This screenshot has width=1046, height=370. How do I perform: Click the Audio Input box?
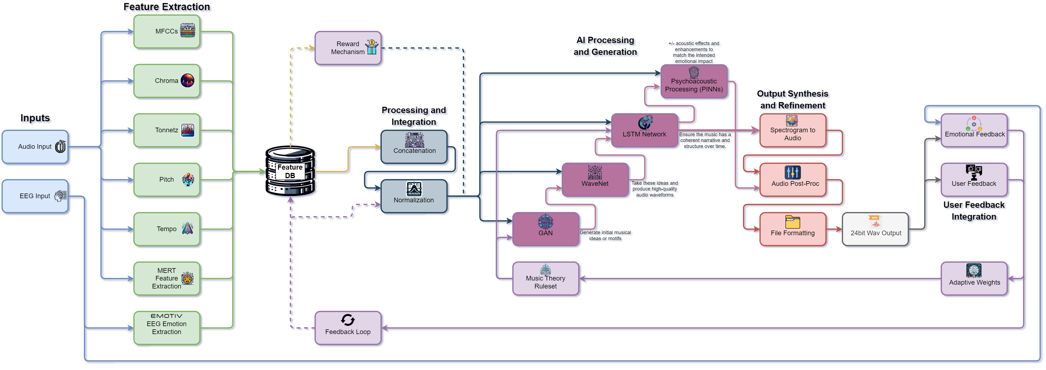[x=35, y=147]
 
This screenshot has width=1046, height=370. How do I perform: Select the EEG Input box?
[x=35, y=196]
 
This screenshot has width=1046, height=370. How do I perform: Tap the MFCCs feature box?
[x=167, y=32]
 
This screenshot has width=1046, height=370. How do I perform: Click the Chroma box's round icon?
[x=187, y=80]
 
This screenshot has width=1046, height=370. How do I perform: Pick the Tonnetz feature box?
[x=167, y=130]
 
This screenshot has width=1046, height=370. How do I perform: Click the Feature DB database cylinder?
[x=290, y=171]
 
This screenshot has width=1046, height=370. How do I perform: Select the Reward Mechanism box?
[x=348, y=48]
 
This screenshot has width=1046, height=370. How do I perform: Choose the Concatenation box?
[x=414, y=147]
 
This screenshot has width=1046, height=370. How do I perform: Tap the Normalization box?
[x=414, y=196]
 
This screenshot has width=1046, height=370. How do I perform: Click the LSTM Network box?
[x=645, y=130]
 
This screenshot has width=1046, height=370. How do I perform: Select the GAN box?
[x=545, y=229]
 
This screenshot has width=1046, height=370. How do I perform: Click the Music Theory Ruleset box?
[x=545, y=279]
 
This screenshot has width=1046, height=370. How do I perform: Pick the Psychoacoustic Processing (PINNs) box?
[x=694, y=81]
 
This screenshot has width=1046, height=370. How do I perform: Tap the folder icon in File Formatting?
[x=792, y=222]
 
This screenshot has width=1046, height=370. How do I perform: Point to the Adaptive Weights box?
[x=974, y=279]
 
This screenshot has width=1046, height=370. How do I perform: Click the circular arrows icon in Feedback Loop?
[x=348, y=320]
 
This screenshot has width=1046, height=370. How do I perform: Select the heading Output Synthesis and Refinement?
[x=792, y=99]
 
